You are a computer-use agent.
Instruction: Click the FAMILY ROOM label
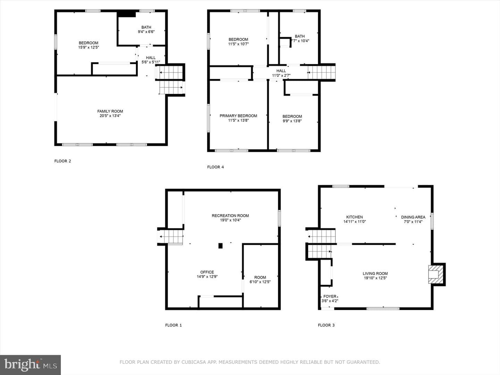tap(110, 111)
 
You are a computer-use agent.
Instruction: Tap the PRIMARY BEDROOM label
tap(238, 116)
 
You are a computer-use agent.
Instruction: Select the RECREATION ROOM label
tap(230, 216)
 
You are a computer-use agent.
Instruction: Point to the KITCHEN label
tap(355, 217)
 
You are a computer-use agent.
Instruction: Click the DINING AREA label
tap(413, 217)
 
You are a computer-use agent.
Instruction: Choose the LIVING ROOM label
tap(375, 274)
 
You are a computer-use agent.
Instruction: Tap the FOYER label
tap(330, 296)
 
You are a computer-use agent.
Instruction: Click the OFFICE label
tap(207, 272)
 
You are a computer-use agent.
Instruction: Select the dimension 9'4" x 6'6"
tap(146, 32)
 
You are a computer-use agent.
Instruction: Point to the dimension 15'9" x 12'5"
tap(89, 47)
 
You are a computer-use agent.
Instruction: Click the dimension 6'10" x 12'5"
tap(260, 282)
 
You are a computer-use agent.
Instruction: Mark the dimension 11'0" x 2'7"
tap(281, 75)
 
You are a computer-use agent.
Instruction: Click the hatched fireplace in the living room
tap(436, 274)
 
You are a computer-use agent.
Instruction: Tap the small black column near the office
tap(220, 246)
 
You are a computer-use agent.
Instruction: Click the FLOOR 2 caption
tap(62, 161)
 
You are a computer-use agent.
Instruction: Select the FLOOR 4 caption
tap(216, 167)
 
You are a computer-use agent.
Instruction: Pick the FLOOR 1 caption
tap(173, 325)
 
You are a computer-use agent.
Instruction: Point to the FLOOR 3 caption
tap(326, 325)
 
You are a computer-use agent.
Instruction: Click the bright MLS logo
tap(30, 365)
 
